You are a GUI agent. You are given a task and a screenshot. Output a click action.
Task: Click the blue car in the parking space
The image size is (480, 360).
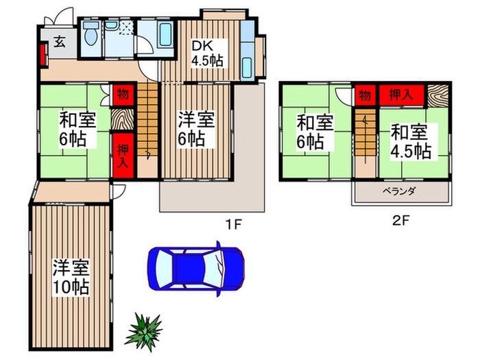pos(196,266)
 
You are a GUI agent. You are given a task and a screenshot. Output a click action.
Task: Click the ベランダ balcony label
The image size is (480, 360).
pos(401,192)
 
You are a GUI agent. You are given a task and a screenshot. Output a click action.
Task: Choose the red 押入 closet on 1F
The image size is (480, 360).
pos(121,157)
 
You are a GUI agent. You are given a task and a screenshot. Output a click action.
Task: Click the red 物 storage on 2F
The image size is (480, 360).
pos(363,93)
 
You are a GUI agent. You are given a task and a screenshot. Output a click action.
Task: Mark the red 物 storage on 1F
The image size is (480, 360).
pos(121,93)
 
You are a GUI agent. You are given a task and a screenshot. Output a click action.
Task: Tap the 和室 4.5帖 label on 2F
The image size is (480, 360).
pos(411,140)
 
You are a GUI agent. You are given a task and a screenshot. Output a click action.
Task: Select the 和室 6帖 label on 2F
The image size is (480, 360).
pos(315,132)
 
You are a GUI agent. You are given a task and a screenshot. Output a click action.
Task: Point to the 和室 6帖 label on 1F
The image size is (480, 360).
pos(72,130)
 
